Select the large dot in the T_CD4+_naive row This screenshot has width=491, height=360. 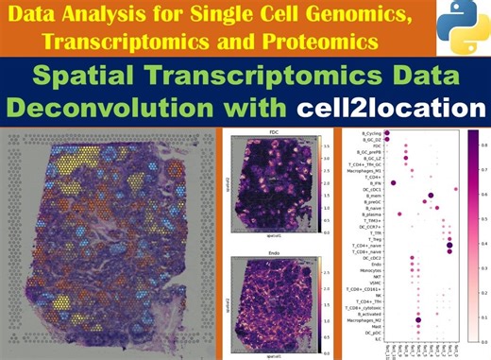449,243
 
